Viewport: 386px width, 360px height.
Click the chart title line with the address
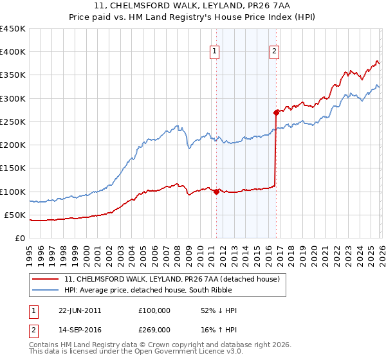point(193,6)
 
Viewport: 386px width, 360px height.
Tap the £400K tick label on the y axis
point(13,52)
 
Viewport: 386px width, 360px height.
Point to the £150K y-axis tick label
point(13,168)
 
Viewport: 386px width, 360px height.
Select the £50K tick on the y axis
point(15,215)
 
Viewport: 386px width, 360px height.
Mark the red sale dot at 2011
point(216,191)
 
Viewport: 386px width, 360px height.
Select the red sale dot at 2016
point(276,113)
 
